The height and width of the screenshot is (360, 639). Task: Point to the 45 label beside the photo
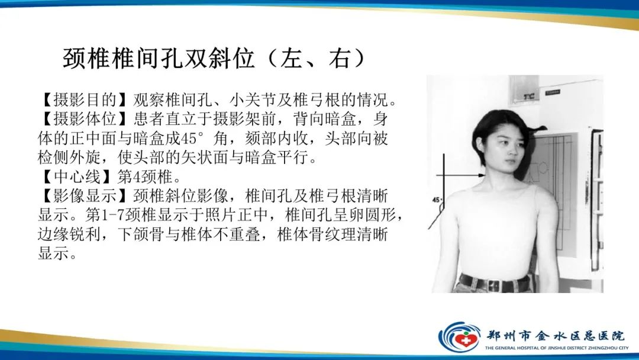[x=438, y=200]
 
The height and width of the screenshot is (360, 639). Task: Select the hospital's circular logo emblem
[x=459, y=336]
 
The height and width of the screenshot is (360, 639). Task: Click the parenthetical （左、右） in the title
[x=314, y=59]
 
